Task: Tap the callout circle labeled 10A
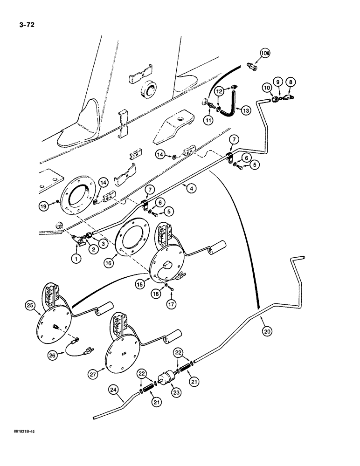tap(264, 54)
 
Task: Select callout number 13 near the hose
tap(245, 110)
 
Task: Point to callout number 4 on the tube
tap(190, 188)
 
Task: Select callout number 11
tap(208, 120)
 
